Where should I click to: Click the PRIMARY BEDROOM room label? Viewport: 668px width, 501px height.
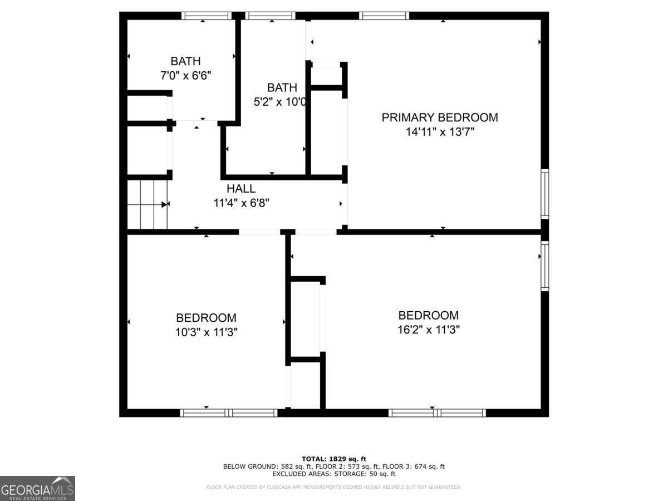(x=439, y=117)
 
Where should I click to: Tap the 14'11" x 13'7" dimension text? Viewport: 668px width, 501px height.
(x=439, y=132)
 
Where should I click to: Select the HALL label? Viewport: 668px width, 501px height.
(x=241, y=189)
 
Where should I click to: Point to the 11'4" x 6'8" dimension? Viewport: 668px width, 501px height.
(x=241, y=203)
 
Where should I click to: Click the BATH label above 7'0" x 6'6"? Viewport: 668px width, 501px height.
(x=185, y=61)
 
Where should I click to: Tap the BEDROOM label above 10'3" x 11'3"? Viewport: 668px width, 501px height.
(x=206, y=318)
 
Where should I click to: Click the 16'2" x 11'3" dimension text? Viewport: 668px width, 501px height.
(x=428, y=330)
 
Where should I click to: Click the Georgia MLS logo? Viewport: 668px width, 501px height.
(x=37, y=488)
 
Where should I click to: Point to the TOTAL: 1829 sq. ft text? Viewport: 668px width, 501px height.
(x=333, y=459)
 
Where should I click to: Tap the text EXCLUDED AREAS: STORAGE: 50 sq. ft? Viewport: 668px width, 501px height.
(x=333, y=474)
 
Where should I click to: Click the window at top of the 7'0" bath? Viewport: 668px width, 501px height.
(x=206, y=16)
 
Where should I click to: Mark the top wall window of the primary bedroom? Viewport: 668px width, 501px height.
(x=384, y=16)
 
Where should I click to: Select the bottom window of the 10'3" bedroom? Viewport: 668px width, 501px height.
(x=229, y=412)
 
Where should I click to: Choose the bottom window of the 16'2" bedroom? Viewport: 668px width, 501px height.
(x=436, y=412)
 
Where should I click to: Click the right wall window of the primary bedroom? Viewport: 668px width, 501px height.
(x=545, y=194)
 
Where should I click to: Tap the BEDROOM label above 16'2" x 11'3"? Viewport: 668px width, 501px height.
(x=428, y=315)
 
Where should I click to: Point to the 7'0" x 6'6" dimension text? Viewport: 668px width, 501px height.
(x=185, y=75)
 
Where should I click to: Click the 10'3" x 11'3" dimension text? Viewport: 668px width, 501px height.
(x=206, y=332)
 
